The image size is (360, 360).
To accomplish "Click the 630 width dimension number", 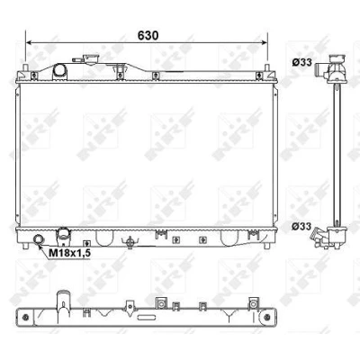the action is click(148, 35).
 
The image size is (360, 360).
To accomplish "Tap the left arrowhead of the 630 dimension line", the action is click(29, 43).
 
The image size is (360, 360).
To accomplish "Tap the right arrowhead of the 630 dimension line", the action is click(264, 43).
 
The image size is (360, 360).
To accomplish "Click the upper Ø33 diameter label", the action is click(302, 62).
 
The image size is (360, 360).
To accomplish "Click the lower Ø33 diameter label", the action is click(302, 227).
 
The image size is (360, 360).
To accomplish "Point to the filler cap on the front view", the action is click(90, 58).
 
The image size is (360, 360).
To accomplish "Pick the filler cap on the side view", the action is click(338, 58).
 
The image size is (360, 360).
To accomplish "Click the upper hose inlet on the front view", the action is click(59, 71).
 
